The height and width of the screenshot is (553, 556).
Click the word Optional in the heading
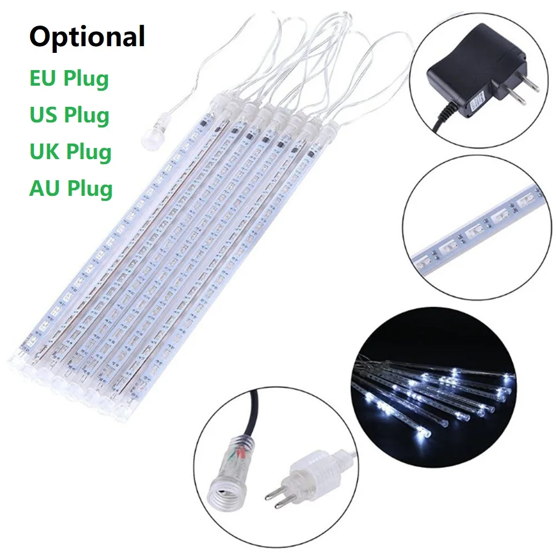[x=87, y=37]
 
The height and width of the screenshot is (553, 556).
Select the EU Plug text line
[x=68, y=78]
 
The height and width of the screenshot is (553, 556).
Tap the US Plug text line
[x=69, y=115]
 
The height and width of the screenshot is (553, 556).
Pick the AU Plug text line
[x=71, y=188]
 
